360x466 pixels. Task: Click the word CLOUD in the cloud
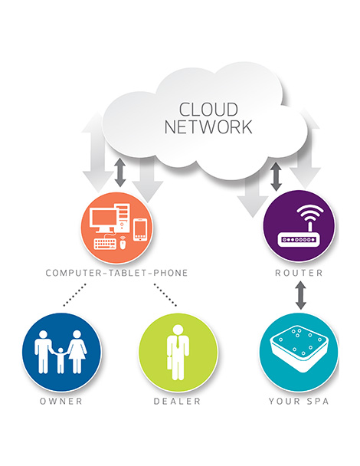click(x=208, y=109)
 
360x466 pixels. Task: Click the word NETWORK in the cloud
click(x=208, y=126)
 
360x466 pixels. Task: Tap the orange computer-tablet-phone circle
click(x=116, y=228)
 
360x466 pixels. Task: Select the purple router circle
click(x=299, y=226)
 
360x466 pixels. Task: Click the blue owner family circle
click(x=61, y=353)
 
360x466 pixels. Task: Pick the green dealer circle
click(x=178, y=353)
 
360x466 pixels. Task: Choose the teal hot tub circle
click(x=299, y=353)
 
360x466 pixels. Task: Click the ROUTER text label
click(x=299, y=273)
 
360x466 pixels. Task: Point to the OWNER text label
click(x=61, y=401)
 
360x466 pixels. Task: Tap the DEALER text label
click(x=177, y=401)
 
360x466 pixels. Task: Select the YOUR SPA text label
click(x=299, y=401)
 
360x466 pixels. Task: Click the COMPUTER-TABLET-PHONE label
click(x=116, y=273)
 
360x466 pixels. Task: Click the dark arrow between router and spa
click(x=300, y=295)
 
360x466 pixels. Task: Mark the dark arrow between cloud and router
click(x=276, y=176)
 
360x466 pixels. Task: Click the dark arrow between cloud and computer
click(x=120, y=172)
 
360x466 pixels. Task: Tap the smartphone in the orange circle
click(x=140, y=230)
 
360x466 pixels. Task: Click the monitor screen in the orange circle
click(x=103, y=218)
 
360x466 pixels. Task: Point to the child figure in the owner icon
click(x=61, y=360)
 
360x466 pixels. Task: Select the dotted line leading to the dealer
click(x=165, y=295)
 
